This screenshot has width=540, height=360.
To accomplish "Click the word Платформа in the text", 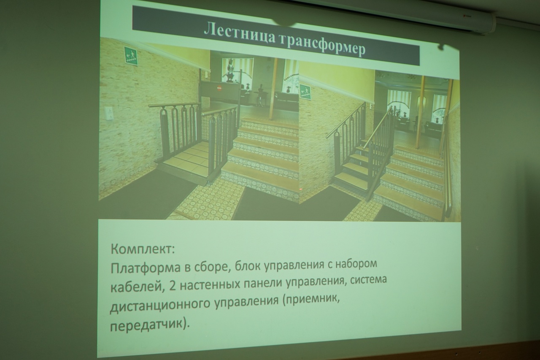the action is pos(146,268).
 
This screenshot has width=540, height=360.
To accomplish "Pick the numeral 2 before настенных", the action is pos(173,286).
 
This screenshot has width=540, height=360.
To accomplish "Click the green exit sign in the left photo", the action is pos(131,56).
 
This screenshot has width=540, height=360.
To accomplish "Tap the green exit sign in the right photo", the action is pos(305,92).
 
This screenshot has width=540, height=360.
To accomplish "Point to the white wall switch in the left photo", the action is pos(109,113).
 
